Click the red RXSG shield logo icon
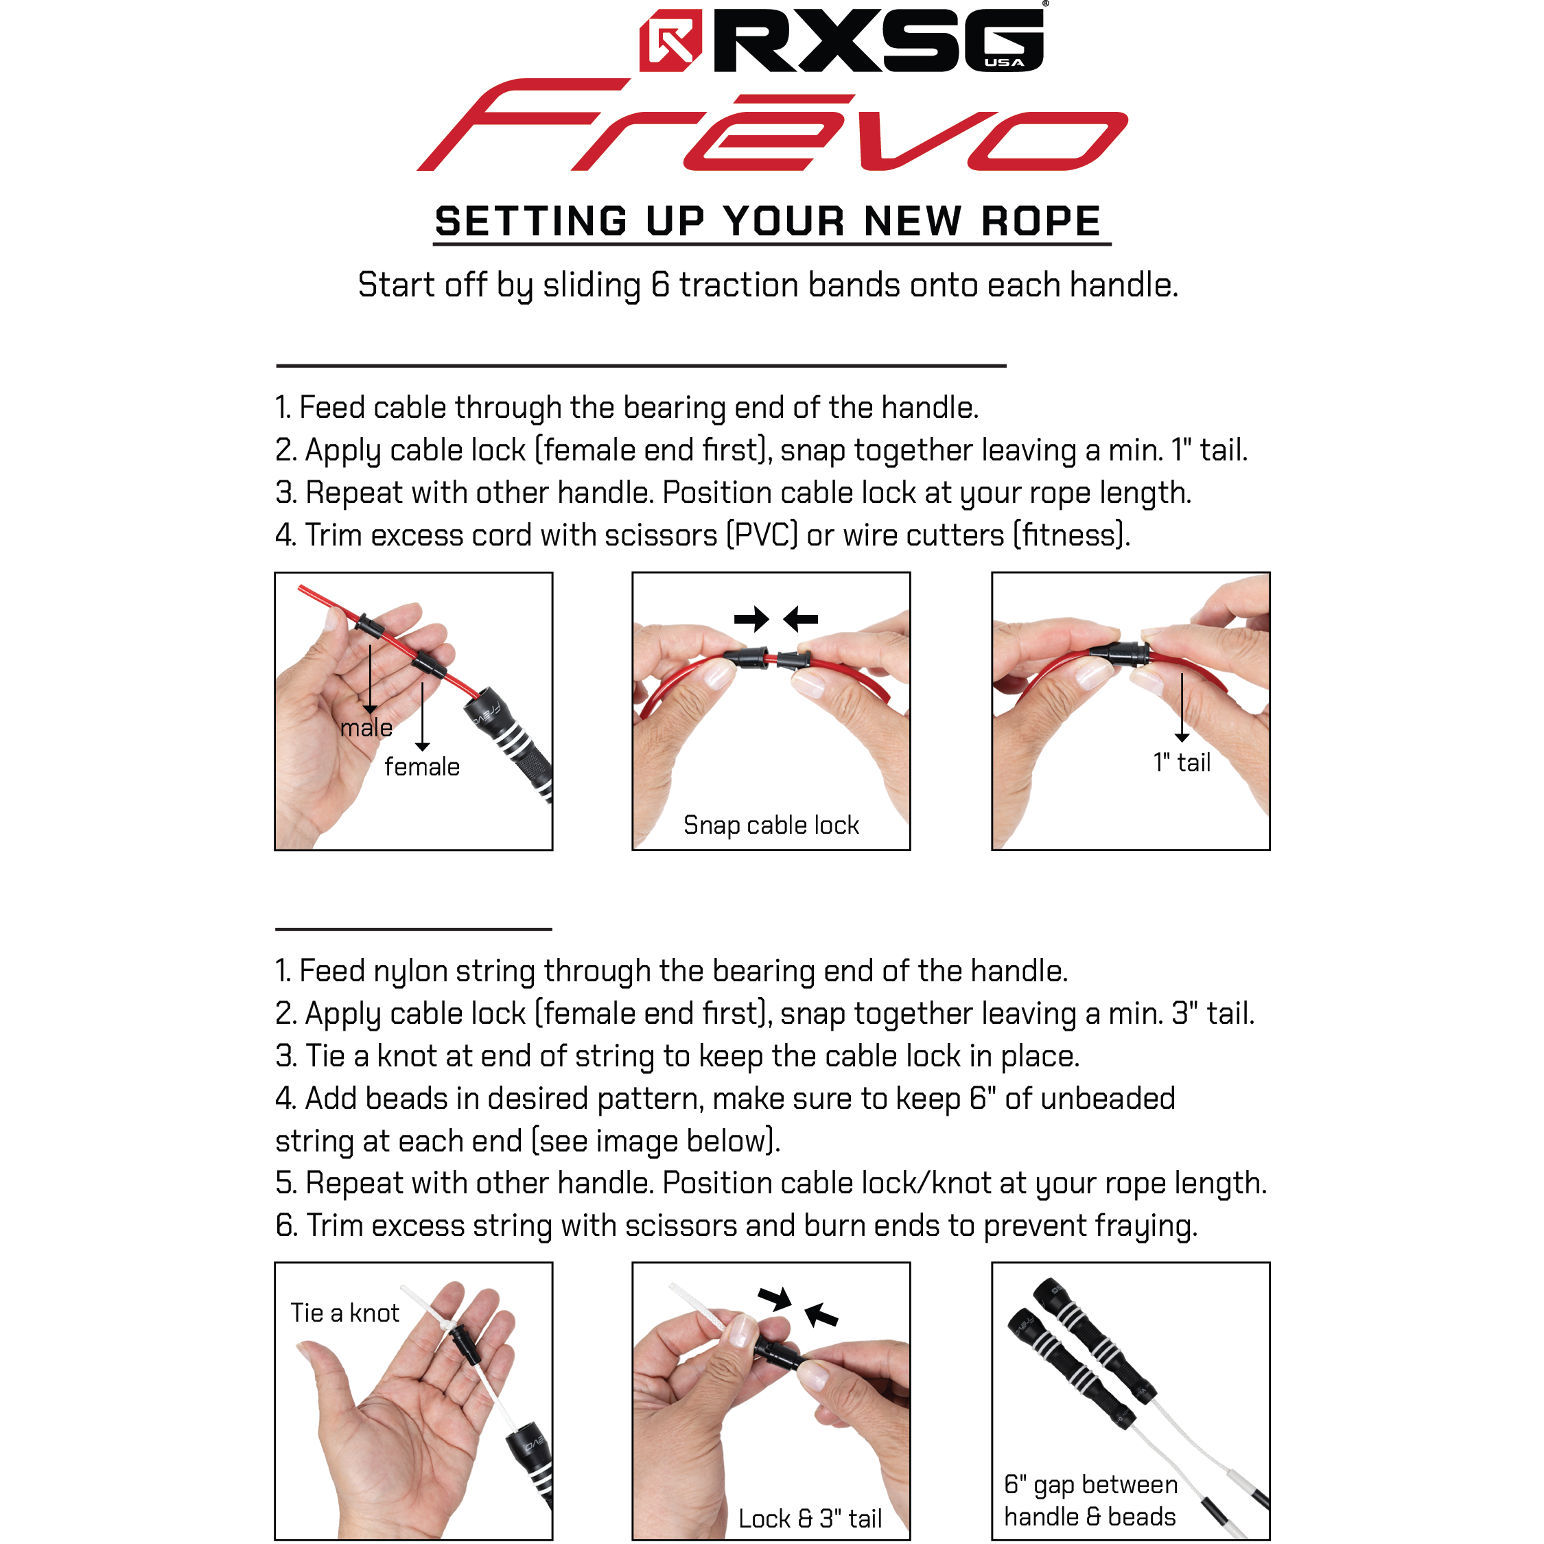click(670, 40)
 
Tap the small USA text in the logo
click(1004, 62)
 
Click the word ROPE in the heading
click(1040, 222)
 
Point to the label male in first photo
click(366, 728)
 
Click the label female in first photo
click(422, 767)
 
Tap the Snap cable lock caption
click(771, 825)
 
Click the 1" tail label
click(1181, 762)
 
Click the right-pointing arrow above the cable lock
click(751, 618)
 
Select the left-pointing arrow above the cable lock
click(801, 618)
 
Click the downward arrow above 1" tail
click(1181, 707)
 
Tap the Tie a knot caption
click(344, 1313)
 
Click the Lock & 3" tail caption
click(809, 1519)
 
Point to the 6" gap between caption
click(1090, 1485)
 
